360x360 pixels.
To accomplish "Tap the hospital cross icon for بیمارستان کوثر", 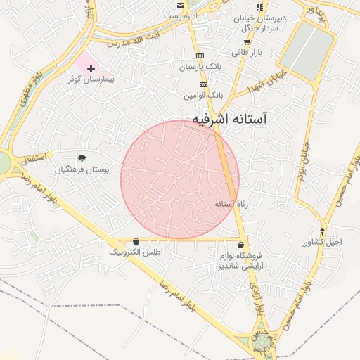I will (91, 68).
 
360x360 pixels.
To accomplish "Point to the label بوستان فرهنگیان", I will (82, 169).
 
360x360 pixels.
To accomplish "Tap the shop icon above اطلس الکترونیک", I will (136, 240).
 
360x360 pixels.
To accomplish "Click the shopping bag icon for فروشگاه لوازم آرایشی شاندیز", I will (241, 245).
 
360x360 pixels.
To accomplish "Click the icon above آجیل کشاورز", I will (323, 231).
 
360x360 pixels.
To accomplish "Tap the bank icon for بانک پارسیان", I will (200, 55).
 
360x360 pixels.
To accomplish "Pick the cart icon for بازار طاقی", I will (246, 41).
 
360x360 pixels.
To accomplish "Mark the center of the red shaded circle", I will (180, 179).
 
